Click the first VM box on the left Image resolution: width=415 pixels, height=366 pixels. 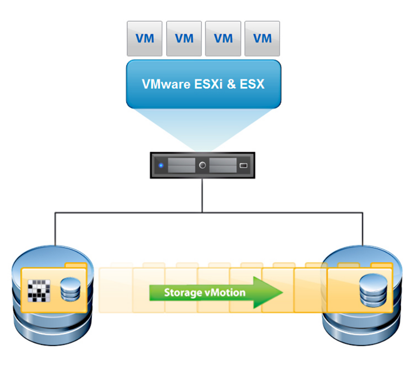[145, 39]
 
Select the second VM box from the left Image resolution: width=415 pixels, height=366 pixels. [184, 39]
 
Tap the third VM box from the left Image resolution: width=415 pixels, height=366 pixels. [223, 39]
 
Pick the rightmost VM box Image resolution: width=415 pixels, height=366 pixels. [262, 39]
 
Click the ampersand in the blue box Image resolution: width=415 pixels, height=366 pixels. [232, 84]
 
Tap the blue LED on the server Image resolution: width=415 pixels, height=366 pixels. [160, 166]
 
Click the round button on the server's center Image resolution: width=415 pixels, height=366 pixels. [203, 165]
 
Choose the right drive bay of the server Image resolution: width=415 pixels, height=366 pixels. [223, 165]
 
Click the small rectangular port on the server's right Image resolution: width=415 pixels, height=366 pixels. [243, 166]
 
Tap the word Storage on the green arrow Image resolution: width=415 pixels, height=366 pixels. [182, 293]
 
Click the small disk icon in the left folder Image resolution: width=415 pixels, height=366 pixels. [70, 290]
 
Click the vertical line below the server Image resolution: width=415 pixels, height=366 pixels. [202, 195]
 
